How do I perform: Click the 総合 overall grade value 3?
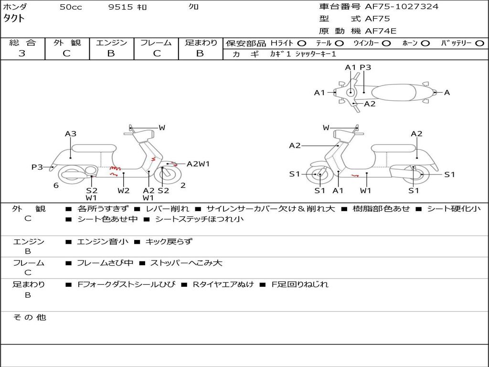tap(22, 54)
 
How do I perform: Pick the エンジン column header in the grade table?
tap(111, 43)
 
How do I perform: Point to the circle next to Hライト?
tap(302, 43)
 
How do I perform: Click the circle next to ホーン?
tap(425, 43)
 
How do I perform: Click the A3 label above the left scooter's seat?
tap(71, 134)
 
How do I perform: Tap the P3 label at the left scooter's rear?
tap(37, 167)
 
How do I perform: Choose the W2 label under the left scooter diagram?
tap(124, 191)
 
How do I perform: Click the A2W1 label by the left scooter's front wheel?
tap(198, 164)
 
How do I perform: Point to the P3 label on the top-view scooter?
tap(365, 67)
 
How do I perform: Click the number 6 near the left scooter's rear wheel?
tap(56, 185)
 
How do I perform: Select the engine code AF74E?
tap(381, 31)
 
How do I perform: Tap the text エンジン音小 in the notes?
tap(103, 242)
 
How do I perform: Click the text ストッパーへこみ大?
tap(186, 263)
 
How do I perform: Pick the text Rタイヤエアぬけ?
tap(223, 284)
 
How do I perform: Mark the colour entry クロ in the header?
tap(194, 7)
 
